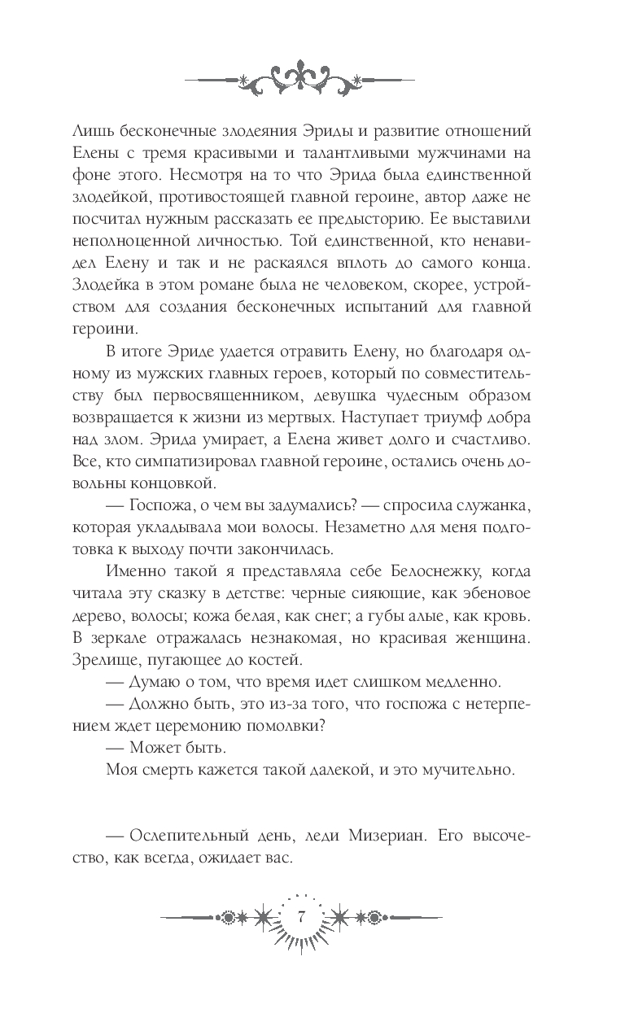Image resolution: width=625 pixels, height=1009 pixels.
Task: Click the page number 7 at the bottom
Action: coord(301,916)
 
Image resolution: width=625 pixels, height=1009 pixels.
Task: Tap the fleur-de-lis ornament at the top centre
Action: coord(300,77)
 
